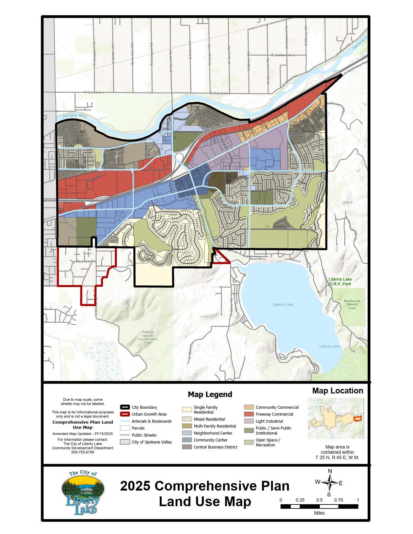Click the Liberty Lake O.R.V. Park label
coord(340,282)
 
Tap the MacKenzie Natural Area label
coord(352,305)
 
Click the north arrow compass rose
coord(329,483)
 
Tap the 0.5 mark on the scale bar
coord(319,500)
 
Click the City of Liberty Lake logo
coord(83,493)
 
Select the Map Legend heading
coord(210,395)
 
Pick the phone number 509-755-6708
coord(83,452)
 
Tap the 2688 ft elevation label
coord(347,203)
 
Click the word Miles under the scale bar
coord(319,513)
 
